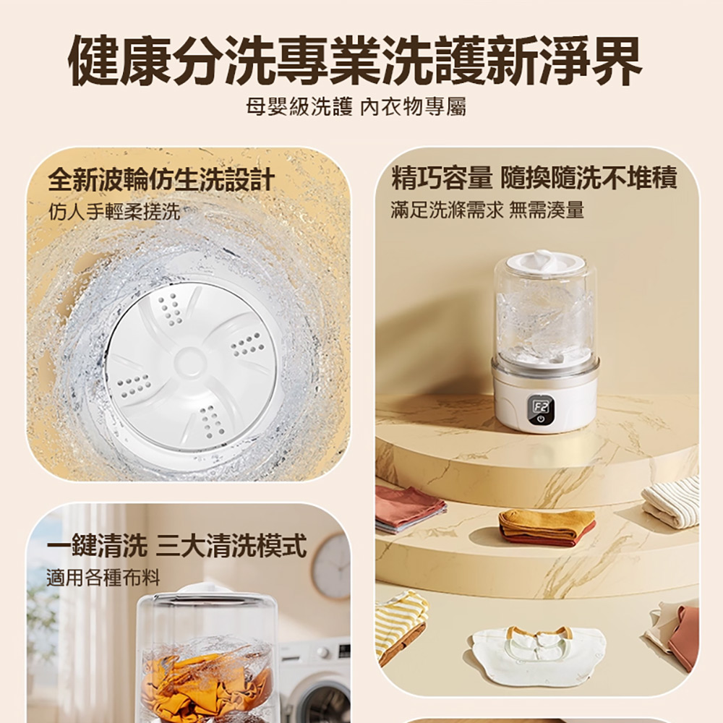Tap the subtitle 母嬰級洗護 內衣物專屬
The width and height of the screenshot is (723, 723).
click(355, 108)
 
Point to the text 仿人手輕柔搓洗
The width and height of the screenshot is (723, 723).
click(114, 212)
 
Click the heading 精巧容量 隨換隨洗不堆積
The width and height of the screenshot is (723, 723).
click(534, 178)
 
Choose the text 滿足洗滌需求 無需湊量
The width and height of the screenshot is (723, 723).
click(487, 210)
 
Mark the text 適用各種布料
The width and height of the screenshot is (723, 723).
click(103, 578)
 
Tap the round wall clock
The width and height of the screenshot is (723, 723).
click(331, 566)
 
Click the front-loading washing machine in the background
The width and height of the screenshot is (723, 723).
click(315, 680)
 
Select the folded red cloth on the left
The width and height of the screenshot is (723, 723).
click(408, 508)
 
